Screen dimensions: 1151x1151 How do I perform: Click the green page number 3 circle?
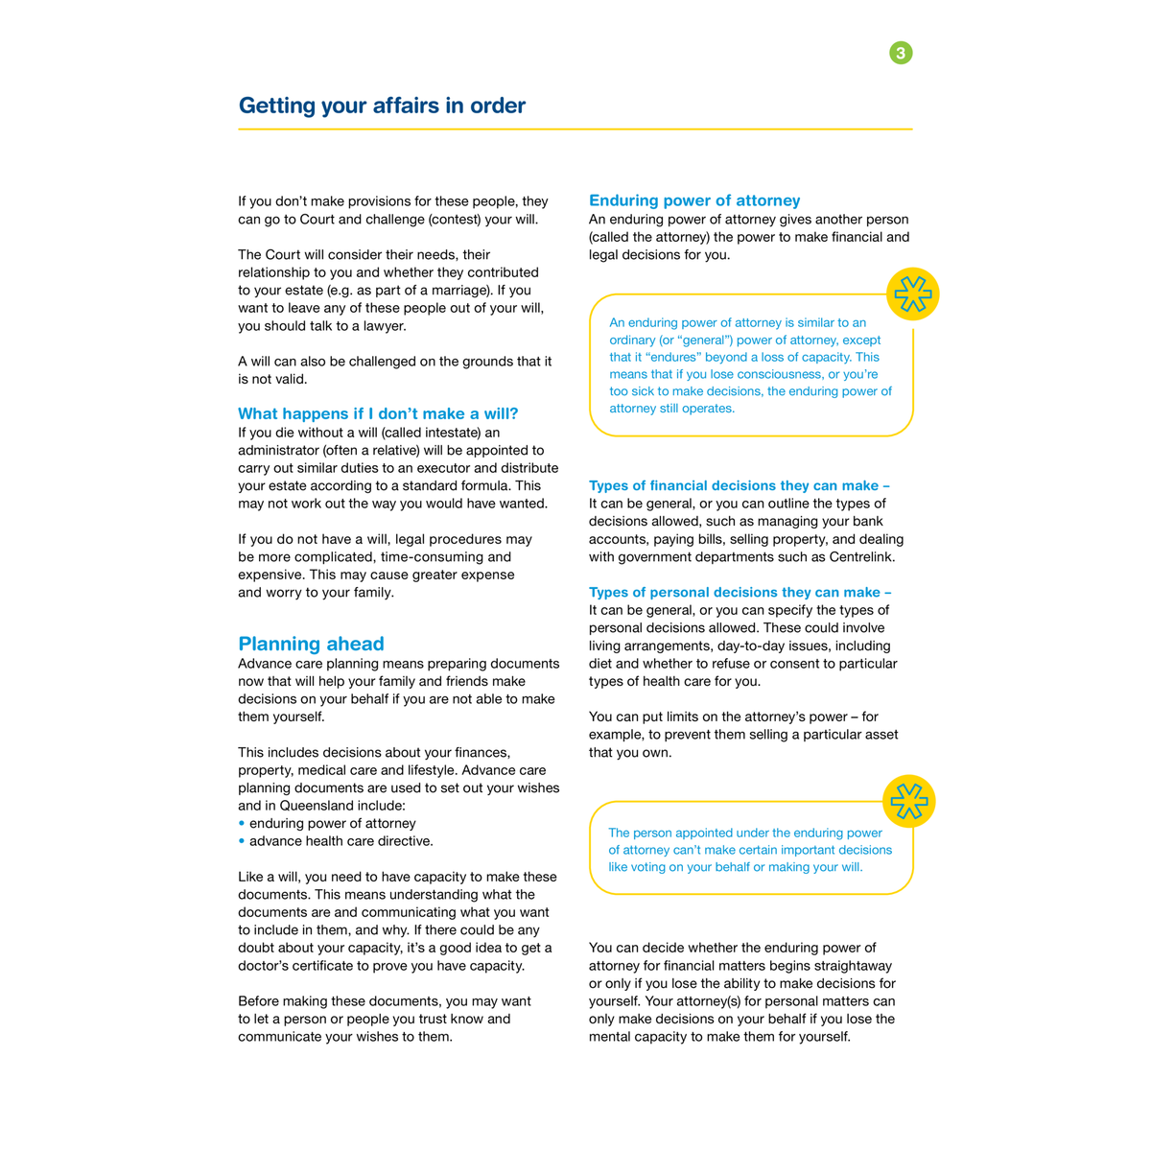tap(901, 53)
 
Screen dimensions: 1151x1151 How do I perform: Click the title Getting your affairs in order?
tap(382, 106)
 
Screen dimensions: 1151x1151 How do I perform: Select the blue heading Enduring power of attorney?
tap(693, 200)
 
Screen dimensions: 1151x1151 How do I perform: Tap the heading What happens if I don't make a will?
tap(378, 413)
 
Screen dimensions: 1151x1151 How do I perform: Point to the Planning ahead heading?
tap(311, 644)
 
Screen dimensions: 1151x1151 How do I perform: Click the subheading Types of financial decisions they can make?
tap(739, 485)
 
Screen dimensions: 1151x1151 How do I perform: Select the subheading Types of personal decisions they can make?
tap(740, 592)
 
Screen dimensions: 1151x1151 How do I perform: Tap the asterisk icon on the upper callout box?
tap(912, 294)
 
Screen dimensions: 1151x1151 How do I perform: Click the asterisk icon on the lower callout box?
tap(908, 801)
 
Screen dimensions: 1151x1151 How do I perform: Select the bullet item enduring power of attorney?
tap(332, 823)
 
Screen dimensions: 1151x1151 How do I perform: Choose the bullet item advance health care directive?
tap(341, 841)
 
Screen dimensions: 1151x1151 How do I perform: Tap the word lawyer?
tap(382, 326)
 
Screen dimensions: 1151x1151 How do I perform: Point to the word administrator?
tap(277, 451)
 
